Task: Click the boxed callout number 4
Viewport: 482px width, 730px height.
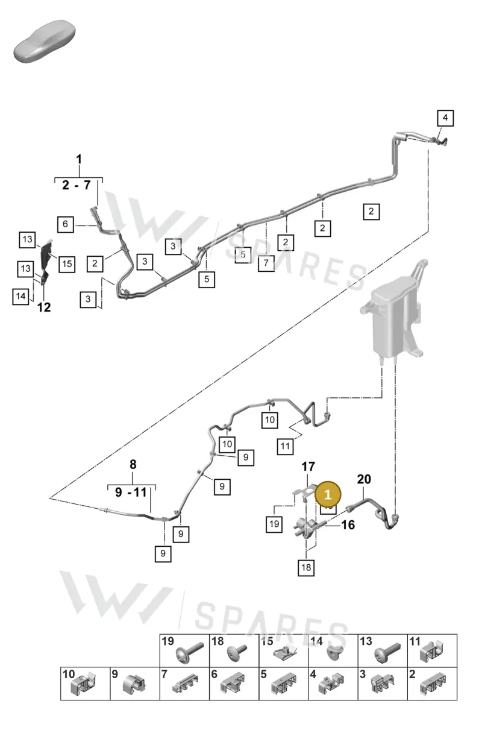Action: (x=445, y=118)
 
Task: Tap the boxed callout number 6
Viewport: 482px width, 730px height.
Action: (x=66, y=224)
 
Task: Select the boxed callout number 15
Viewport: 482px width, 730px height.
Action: (x=67, y=264)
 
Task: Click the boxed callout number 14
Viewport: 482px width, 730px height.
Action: (x=20, y=297)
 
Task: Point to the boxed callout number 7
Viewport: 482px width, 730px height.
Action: (x=266, y=263)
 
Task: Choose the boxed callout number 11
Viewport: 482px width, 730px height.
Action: (x=285, y=447)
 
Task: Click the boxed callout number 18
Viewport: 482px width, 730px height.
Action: (x=306, y=568)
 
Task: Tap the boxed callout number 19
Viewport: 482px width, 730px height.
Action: (x=274, y=524)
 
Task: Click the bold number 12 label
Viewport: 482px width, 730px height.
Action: (x=44, y=307)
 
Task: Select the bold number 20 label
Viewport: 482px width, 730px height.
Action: (x=364, y=479)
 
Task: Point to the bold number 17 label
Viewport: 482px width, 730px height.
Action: (x=308, y=467)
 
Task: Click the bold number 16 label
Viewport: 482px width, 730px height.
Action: (x=348, y=525)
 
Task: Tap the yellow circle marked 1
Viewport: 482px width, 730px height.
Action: (x=328, y=495)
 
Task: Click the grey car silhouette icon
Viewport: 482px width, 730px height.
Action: (x=45, y=42)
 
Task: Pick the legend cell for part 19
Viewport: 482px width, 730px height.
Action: (x=184, y=650)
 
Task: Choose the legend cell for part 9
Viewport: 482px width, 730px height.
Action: (x=135, y=684)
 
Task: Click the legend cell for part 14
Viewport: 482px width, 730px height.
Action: (x=333, y=650)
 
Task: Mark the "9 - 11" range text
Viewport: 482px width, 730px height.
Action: (x=131, y=492)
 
